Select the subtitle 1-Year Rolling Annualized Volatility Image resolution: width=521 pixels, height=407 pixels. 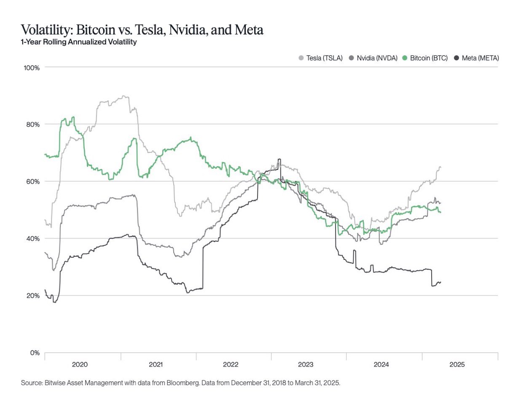coord(79,42)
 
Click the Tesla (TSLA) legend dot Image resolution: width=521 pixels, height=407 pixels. coord(301,58)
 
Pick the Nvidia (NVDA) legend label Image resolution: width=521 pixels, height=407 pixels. coord(377,58)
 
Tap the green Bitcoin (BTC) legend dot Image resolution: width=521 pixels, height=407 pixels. coord(405,58)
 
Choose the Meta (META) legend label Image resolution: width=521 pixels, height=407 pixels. coord(480,58)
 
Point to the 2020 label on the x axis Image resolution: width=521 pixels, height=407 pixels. coord(80,364)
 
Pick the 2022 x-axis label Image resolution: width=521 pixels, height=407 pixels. coord(231,364)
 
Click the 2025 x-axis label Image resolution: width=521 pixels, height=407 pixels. coord(457,364)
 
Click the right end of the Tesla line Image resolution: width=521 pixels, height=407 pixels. coord(440,167)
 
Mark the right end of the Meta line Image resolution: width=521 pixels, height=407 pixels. coord(440,282)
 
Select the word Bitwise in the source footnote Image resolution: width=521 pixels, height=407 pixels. coord(56,383)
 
